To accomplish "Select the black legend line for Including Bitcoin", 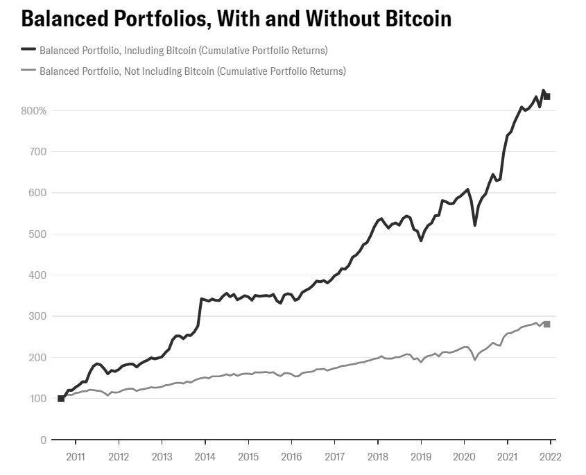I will click(28, 50).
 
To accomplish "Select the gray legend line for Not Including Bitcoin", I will click(28, 71).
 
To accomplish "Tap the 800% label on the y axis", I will click(33, 111).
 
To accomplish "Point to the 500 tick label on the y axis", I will click(38, 234).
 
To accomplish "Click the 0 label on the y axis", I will click(43, 440).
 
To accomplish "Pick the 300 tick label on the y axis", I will click(38, 317).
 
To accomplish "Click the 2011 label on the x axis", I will click(76, 456).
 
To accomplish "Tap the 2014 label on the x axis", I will click(205, 456).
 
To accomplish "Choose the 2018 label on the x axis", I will click(378, 456).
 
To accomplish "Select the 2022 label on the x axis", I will click(551, 456).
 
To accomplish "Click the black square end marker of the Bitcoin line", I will click(546, 96).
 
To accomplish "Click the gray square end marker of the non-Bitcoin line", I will click(546, 325).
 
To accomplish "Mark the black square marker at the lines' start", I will click(61, 399).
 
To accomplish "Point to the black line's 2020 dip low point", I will click(475, 225).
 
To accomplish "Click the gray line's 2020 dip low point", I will click(475, 360).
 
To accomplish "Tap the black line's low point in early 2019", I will click(421, 241).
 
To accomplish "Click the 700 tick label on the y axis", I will click(38, 152).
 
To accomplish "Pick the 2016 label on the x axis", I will click(291, 456).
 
